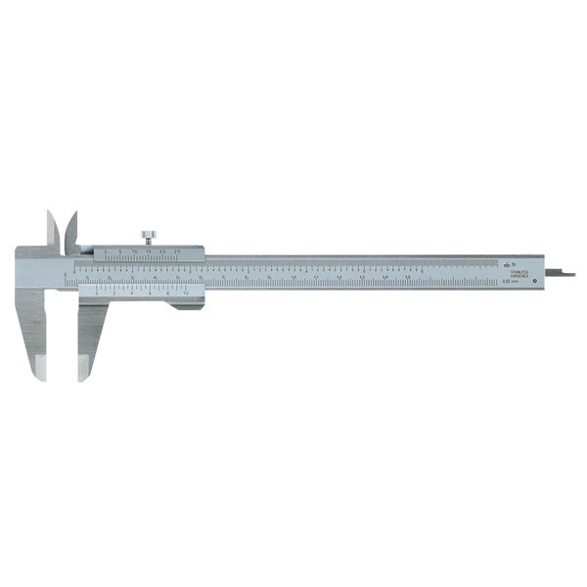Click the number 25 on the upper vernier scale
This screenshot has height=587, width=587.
click(x=179, y=251)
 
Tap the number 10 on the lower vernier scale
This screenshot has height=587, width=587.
click(x=185, y=294)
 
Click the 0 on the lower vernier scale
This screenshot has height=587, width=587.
click(x=98, y=294)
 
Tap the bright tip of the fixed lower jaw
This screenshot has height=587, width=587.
click(x=41, y=370)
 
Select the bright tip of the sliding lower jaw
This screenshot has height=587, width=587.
click(x=83, y=370)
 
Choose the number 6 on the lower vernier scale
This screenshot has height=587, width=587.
click(x=150, y=294)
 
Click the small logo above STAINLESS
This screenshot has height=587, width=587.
click(x=508, y=263)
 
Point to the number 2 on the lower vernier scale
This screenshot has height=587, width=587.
click(x=114, y=294)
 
